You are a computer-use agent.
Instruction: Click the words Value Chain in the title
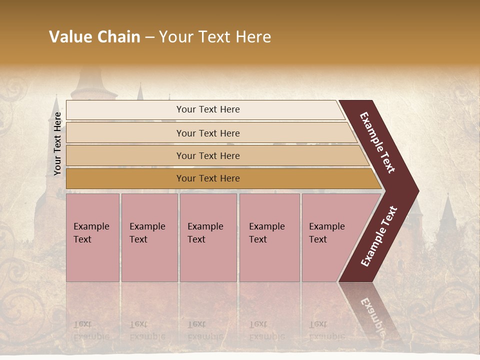coord(94,36)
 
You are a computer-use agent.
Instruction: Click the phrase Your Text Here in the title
coord(215,36)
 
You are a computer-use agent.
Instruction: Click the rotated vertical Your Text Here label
coord(57,143)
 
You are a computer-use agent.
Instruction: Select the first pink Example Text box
coord(92,237)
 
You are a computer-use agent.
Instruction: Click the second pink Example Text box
coord(149,237)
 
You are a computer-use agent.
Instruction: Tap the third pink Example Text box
coord(208,237)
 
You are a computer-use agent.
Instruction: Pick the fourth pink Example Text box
coord(269,237)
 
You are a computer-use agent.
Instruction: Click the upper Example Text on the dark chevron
coord(377,142)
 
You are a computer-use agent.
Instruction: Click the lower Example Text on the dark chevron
coord(379,236)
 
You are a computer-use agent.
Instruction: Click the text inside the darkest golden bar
coord(208,178)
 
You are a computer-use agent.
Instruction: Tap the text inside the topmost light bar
coord(208,109)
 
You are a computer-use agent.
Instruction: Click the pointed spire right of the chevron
coord(448,210)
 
